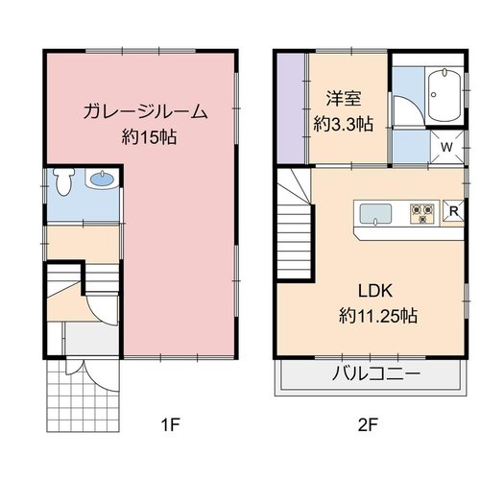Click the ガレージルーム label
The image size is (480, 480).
[145, 112]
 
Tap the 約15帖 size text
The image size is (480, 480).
[149, 137]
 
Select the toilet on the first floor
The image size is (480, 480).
[63, 181]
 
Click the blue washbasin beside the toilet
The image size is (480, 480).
[102, 180]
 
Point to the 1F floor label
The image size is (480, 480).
[171, 425]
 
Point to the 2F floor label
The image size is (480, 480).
[368, 425]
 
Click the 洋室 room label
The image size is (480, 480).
[344, 98]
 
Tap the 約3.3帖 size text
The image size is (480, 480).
[344, 124]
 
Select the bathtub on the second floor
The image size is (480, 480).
[444, 95]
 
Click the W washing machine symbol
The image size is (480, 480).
[447, 147]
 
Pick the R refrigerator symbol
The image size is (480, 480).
[453, 210]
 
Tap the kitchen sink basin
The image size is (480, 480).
[375, 214]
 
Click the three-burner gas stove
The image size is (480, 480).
[422, 213]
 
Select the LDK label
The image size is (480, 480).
[375, 291]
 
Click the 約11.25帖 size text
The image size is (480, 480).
[378, 316]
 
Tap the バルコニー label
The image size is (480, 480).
[375, 373]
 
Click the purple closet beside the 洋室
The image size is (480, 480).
[291, 108]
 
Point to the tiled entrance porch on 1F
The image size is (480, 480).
[83, 396]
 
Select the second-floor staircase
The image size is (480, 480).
[295, 224]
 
